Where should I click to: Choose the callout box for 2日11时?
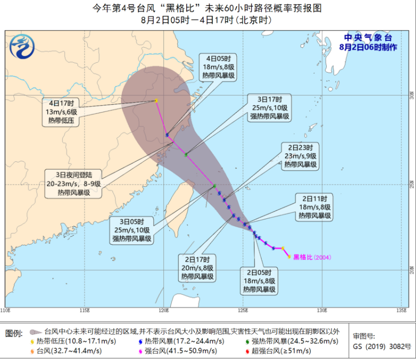click(x=313, y=207)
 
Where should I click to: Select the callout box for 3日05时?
click(x=132, y=231)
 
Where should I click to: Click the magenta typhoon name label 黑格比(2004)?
click(x=311, y=257)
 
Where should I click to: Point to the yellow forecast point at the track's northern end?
click(x=156, y=101)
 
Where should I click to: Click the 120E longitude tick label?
click(x=163, y=310)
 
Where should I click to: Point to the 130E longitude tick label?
click(x=321, y=310)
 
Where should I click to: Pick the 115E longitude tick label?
click(x=85, y=310)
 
